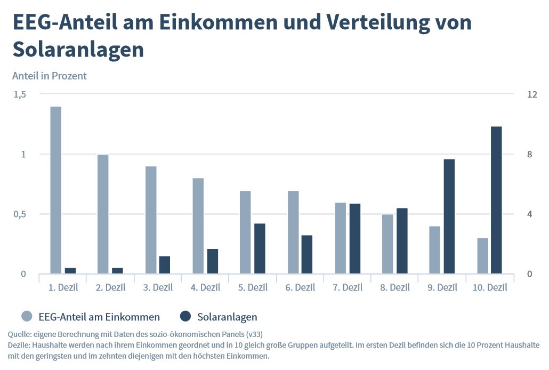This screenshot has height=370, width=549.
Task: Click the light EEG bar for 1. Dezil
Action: (x=55, y=190)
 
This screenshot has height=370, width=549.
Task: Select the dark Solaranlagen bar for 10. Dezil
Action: (x=496, y=200)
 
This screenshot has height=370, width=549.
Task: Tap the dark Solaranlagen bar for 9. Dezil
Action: (x=449, y=216)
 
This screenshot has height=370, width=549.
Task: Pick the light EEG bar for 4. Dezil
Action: (x=198, y=226)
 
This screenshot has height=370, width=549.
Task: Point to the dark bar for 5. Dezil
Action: (x=260, y=248)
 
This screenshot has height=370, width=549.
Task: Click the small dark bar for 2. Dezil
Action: (x=117, y=271)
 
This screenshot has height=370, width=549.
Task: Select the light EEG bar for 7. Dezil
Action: (x=340, y=238)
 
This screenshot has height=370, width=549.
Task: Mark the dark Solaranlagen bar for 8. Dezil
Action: (x=402, y=240)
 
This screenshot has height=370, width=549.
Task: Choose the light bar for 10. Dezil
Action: (x=482, y=256)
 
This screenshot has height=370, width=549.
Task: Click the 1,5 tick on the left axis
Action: (x=20, y=94)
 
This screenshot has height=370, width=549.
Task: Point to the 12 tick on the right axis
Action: (x=532, y=94)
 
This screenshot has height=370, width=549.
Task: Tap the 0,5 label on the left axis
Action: (x=20, y=214)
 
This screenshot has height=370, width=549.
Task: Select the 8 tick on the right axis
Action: (x=529, y=154)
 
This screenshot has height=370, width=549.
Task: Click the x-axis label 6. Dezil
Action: (x=300, y=288)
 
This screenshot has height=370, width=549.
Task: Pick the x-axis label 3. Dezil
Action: (x=158, y=288)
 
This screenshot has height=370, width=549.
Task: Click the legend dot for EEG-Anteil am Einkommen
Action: (x=27, y=316)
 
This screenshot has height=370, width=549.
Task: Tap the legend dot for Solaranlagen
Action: (x=185, y=316)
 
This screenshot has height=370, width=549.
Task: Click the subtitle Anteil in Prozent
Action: (x=50, y=76)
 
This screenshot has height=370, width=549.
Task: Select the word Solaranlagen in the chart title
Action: (x=78, y=50)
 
